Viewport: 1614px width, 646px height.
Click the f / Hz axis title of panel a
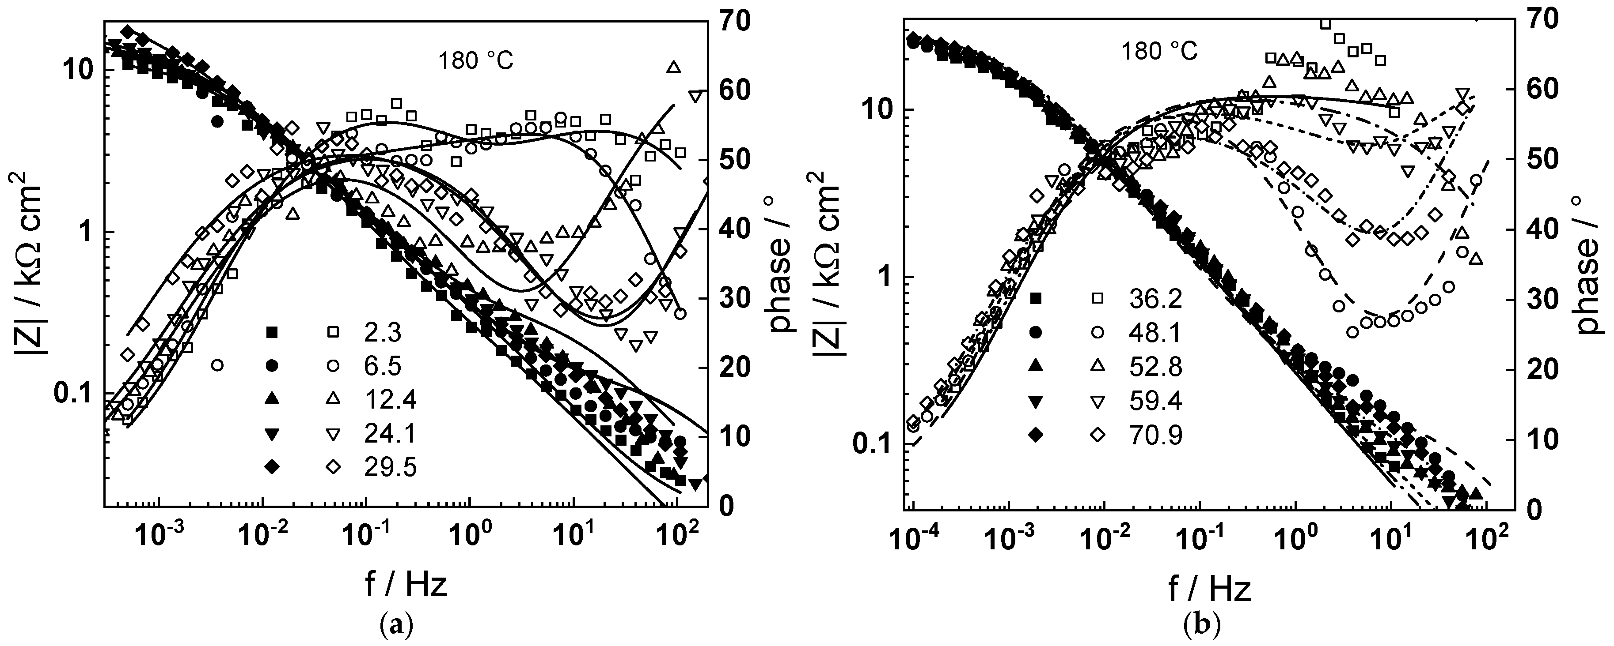(406, 585)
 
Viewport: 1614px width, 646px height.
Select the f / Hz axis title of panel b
(1209, 588)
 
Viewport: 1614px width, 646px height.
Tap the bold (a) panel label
(397, 626)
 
